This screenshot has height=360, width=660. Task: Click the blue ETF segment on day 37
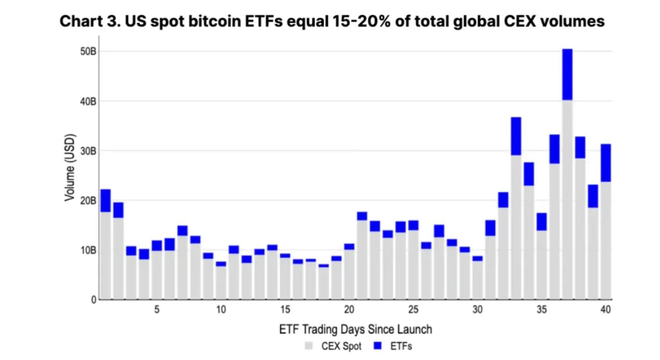[567, 74]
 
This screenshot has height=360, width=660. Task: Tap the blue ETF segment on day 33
[516, 136]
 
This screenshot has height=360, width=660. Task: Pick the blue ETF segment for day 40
[606, 163]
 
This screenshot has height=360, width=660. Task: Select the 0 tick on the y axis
[93, 299]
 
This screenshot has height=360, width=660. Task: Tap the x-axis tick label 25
[413, 310]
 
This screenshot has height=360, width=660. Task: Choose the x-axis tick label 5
[157, 310]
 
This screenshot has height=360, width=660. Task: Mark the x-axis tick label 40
[605, 310]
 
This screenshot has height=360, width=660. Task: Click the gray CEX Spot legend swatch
[309, 346]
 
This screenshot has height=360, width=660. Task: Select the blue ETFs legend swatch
[377, 346]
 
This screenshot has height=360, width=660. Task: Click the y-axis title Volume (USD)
[70, 167]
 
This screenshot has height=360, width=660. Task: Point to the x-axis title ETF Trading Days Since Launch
[355, 329]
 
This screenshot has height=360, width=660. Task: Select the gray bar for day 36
[554, 231]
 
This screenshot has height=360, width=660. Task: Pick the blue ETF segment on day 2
[118, 210]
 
